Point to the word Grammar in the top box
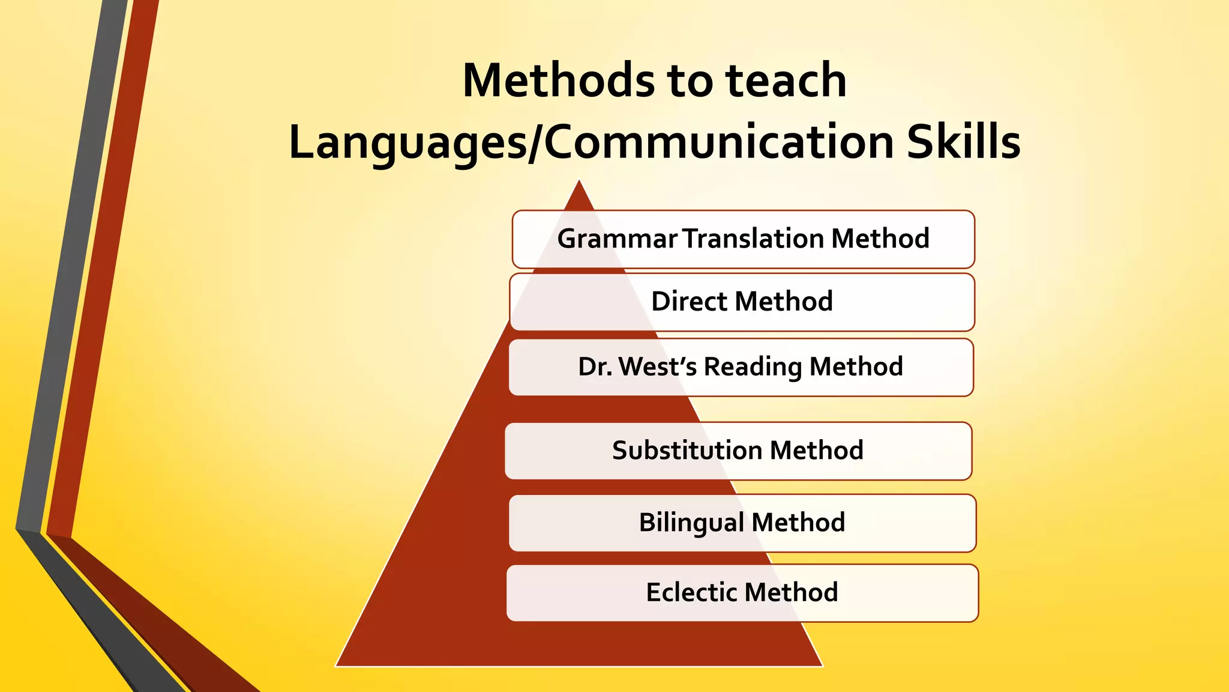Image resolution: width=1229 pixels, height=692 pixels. coord(618,239)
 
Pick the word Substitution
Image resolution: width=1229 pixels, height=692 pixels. coord(687,450)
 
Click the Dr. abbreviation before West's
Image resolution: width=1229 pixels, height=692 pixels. coord(595,366)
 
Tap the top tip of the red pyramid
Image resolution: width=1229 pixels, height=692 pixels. coord(579,181)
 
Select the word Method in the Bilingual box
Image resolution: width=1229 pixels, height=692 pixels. coord(798,522)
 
